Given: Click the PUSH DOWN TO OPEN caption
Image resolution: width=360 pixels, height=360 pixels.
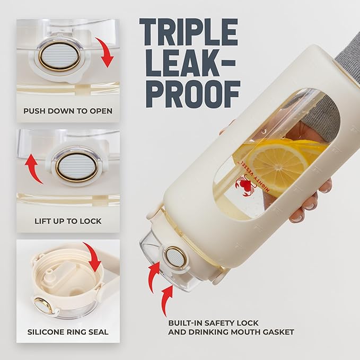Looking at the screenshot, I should point(68,111).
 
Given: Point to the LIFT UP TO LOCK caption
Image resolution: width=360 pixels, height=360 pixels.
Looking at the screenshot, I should point(68,220).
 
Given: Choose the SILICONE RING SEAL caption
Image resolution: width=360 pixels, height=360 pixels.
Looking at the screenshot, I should point(68,332).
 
